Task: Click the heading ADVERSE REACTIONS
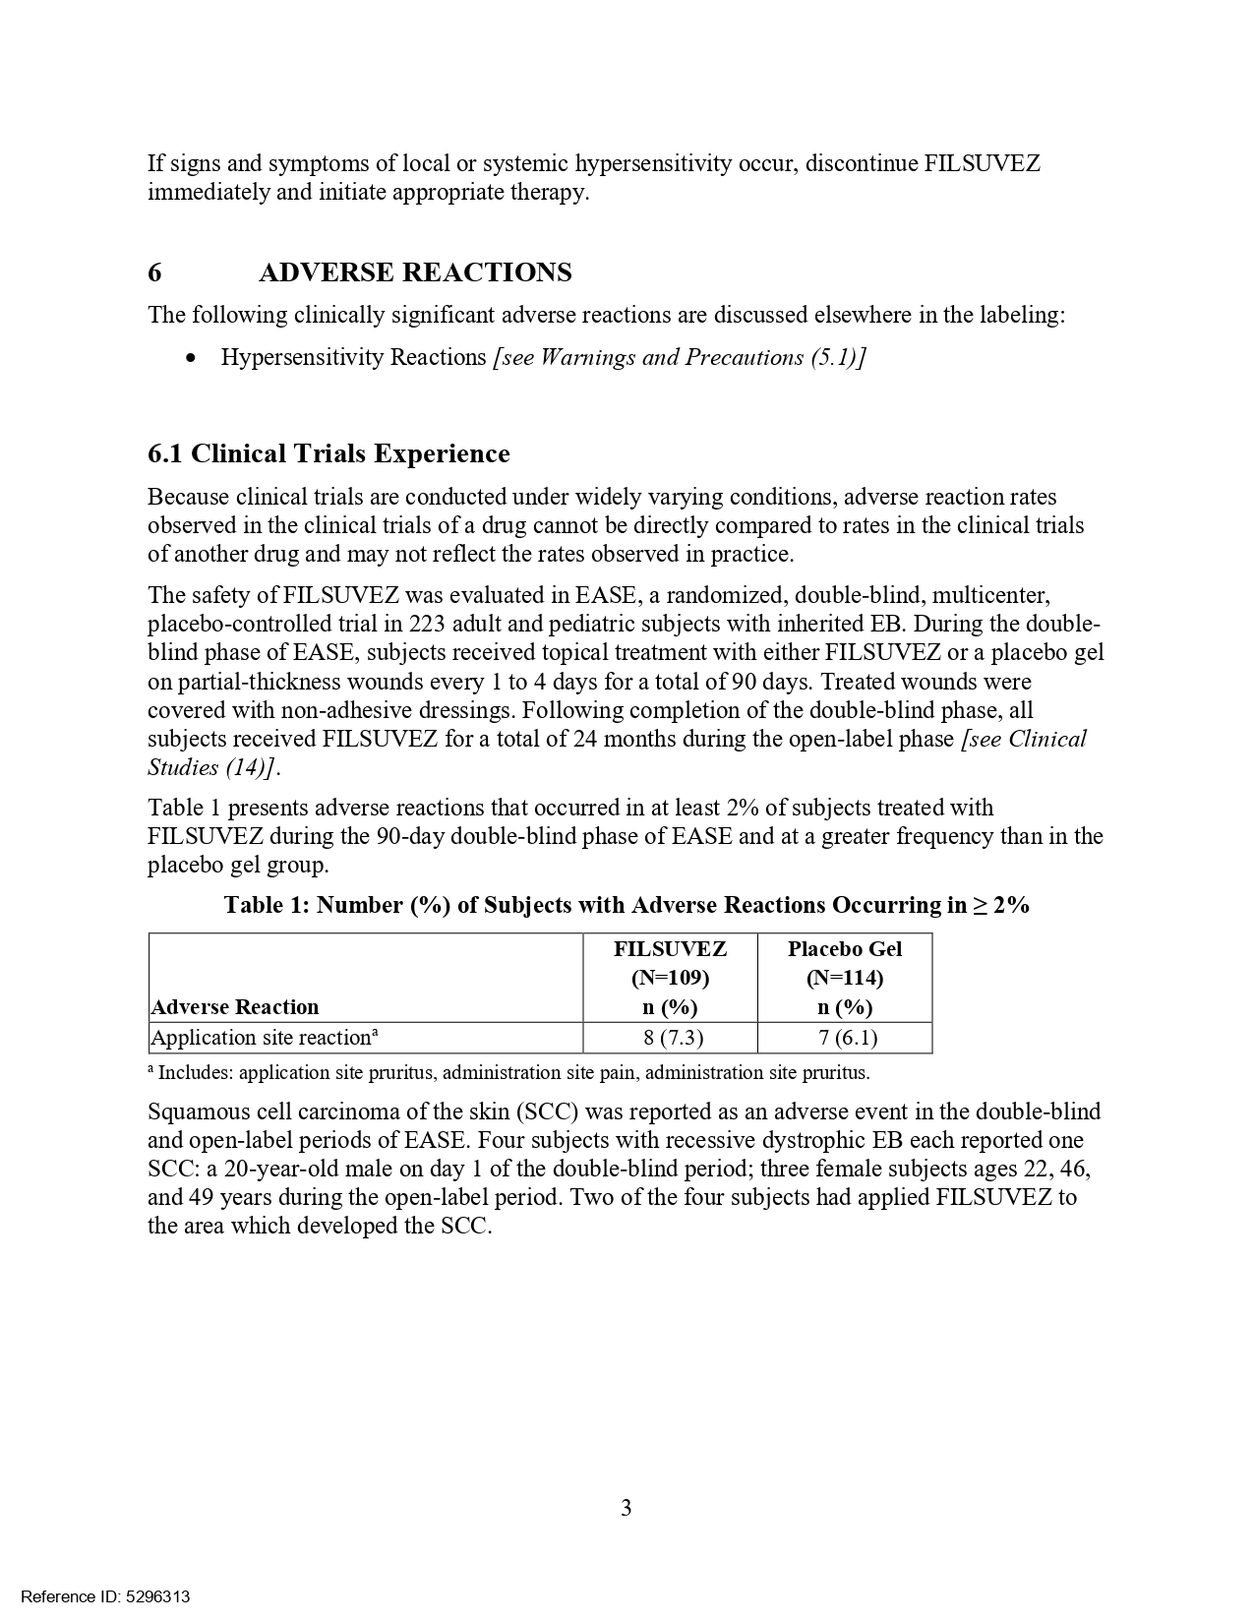(x=415, y=272)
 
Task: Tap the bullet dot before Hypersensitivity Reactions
(x=191, y=357)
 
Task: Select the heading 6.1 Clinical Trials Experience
(x=328, y=453)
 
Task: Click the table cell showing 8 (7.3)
(x=670, y=1038)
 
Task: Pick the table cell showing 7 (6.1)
(x=844, y=1038)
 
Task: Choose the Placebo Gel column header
(x=844, y=949)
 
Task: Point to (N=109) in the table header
(x=670, y=978)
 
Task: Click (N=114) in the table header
(x=844, y=978)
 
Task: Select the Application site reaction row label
(x=264, y=1038)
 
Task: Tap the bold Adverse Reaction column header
(x=235, y=1007)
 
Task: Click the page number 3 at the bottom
(x=627, y=1508)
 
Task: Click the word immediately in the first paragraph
(x=209, y=192)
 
